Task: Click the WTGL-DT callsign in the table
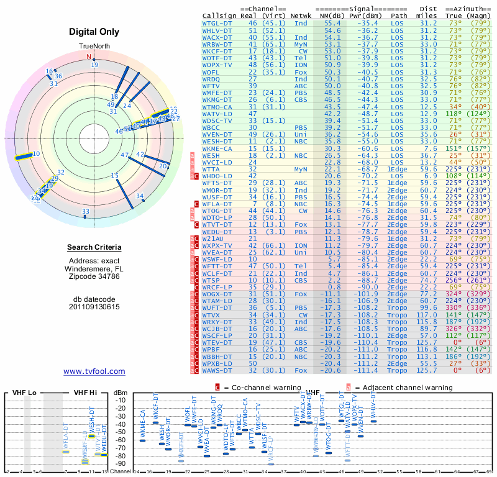point(216,22)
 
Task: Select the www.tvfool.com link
point(94,371)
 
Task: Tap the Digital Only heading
point(94,32)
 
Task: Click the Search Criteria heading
point(94,248)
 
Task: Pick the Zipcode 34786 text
point(94,276)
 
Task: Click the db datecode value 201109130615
point(94,306)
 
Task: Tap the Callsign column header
point(219,15)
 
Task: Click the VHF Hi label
point(85,393)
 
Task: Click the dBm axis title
point(120,393)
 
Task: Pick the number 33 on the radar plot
point(85,212)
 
